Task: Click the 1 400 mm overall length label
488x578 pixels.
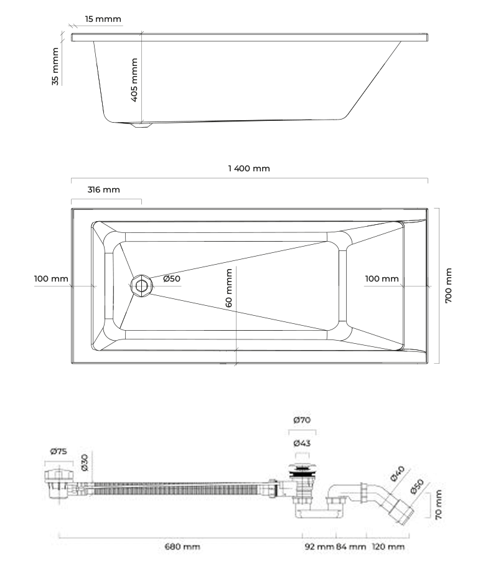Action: tap(249, 168)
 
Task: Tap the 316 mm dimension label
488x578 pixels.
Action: tap(104, 189)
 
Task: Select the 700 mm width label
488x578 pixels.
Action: tap(448, 286)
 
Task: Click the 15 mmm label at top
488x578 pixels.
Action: tap(103, 19)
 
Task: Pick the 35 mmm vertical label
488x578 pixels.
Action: tap(55, 67)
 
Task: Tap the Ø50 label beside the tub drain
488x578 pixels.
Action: tap(172, 278)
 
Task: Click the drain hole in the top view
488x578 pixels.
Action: tap(141, 286)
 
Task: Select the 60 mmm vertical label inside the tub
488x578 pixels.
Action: tap(228, 288)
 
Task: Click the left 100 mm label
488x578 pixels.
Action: tap(51, 278)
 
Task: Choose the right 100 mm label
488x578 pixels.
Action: tap(382, 278)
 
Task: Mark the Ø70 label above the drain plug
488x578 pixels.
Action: tap(302, 420)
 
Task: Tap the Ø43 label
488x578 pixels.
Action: tap(302, 443)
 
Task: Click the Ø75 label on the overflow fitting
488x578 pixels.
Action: tap(59, 451)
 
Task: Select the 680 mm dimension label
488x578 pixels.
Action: tap(182, 546)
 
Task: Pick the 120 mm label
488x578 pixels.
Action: tap(388, 546)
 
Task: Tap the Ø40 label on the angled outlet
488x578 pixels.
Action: tap(397, 474)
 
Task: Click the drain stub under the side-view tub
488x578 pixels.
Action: tap(141, 125)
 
